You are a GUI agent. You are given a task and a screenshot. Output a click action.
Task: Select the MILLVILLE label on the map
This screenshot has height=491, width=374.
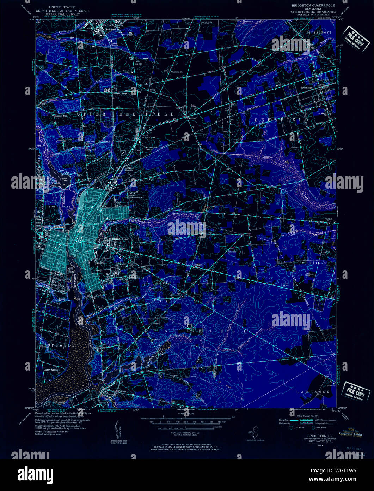click(x=314, y=263)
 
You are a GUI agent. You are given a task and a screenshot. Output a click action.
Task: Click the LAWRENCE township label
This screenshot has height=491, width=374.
click(x=313, y=392)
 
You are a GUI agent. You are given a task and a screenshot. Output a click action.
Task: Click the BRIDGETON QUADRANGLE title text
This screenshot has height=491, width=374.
click(x=313, y=6)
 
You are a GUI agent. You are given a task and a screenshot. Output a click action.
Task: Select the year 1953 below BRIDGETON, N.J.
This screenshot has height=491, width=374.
click(x=310, y=446)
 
